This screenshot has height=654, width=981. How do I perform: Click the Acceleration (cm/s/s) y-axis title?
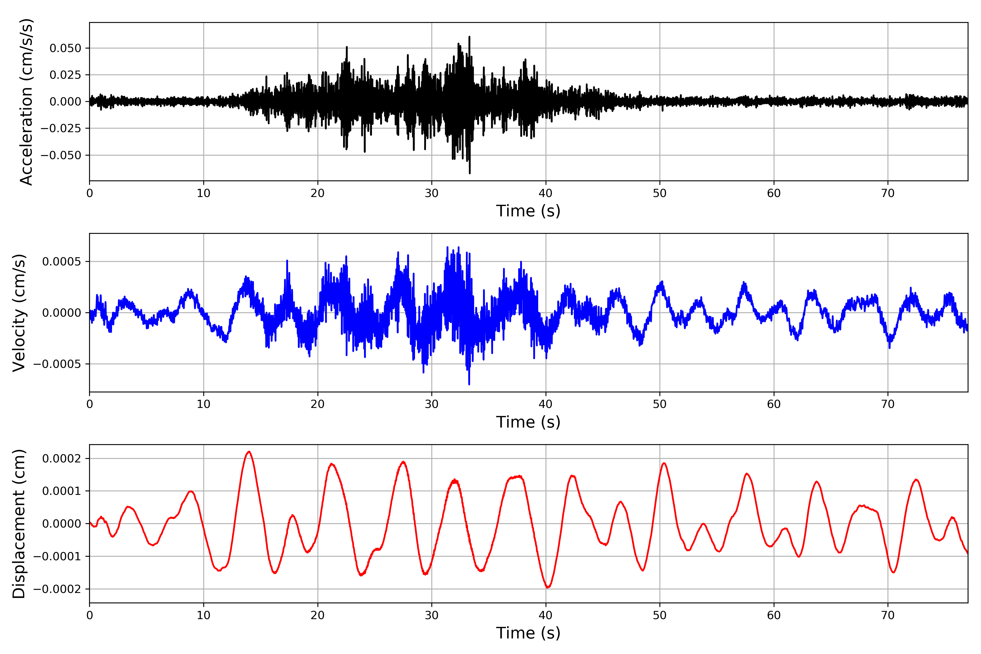click(x=26, y=102)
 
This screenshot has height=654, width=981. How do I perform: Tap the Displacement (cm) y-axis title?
click(x=19, y=524)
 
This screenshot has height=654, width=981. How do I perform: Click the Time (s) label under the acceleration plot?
click(x=528, y=211)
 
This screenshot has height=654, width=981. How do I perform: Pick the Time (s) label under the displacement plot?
click(x=528, y=633)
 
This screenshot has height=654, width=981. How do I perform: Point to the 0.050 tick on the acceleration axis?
click(x=65, y=49)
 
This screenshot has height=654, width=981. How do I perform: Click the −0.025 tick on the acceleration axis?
click(x=61, y=128)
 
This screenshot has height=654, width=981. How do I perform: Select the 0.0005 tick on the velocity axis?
click(x=62, y=262)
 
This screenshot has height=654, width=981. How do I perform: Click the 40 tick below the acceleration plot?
click(x=546, y=193)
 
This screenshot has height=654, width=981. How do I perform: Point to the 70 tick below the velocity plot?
click(x=888, y=404)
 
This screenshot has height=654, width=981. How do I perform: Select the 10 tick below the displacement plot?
click(x=204, y=615)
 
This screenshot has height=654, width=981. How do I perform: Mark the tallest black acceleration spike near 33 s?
click(x=470, y=37)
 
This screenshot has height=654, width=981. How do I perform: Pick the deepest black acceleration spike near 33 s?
click(x=470, y=173)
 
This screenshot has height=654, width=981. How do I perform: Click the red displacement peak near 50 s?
click(x=664, y=463)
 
